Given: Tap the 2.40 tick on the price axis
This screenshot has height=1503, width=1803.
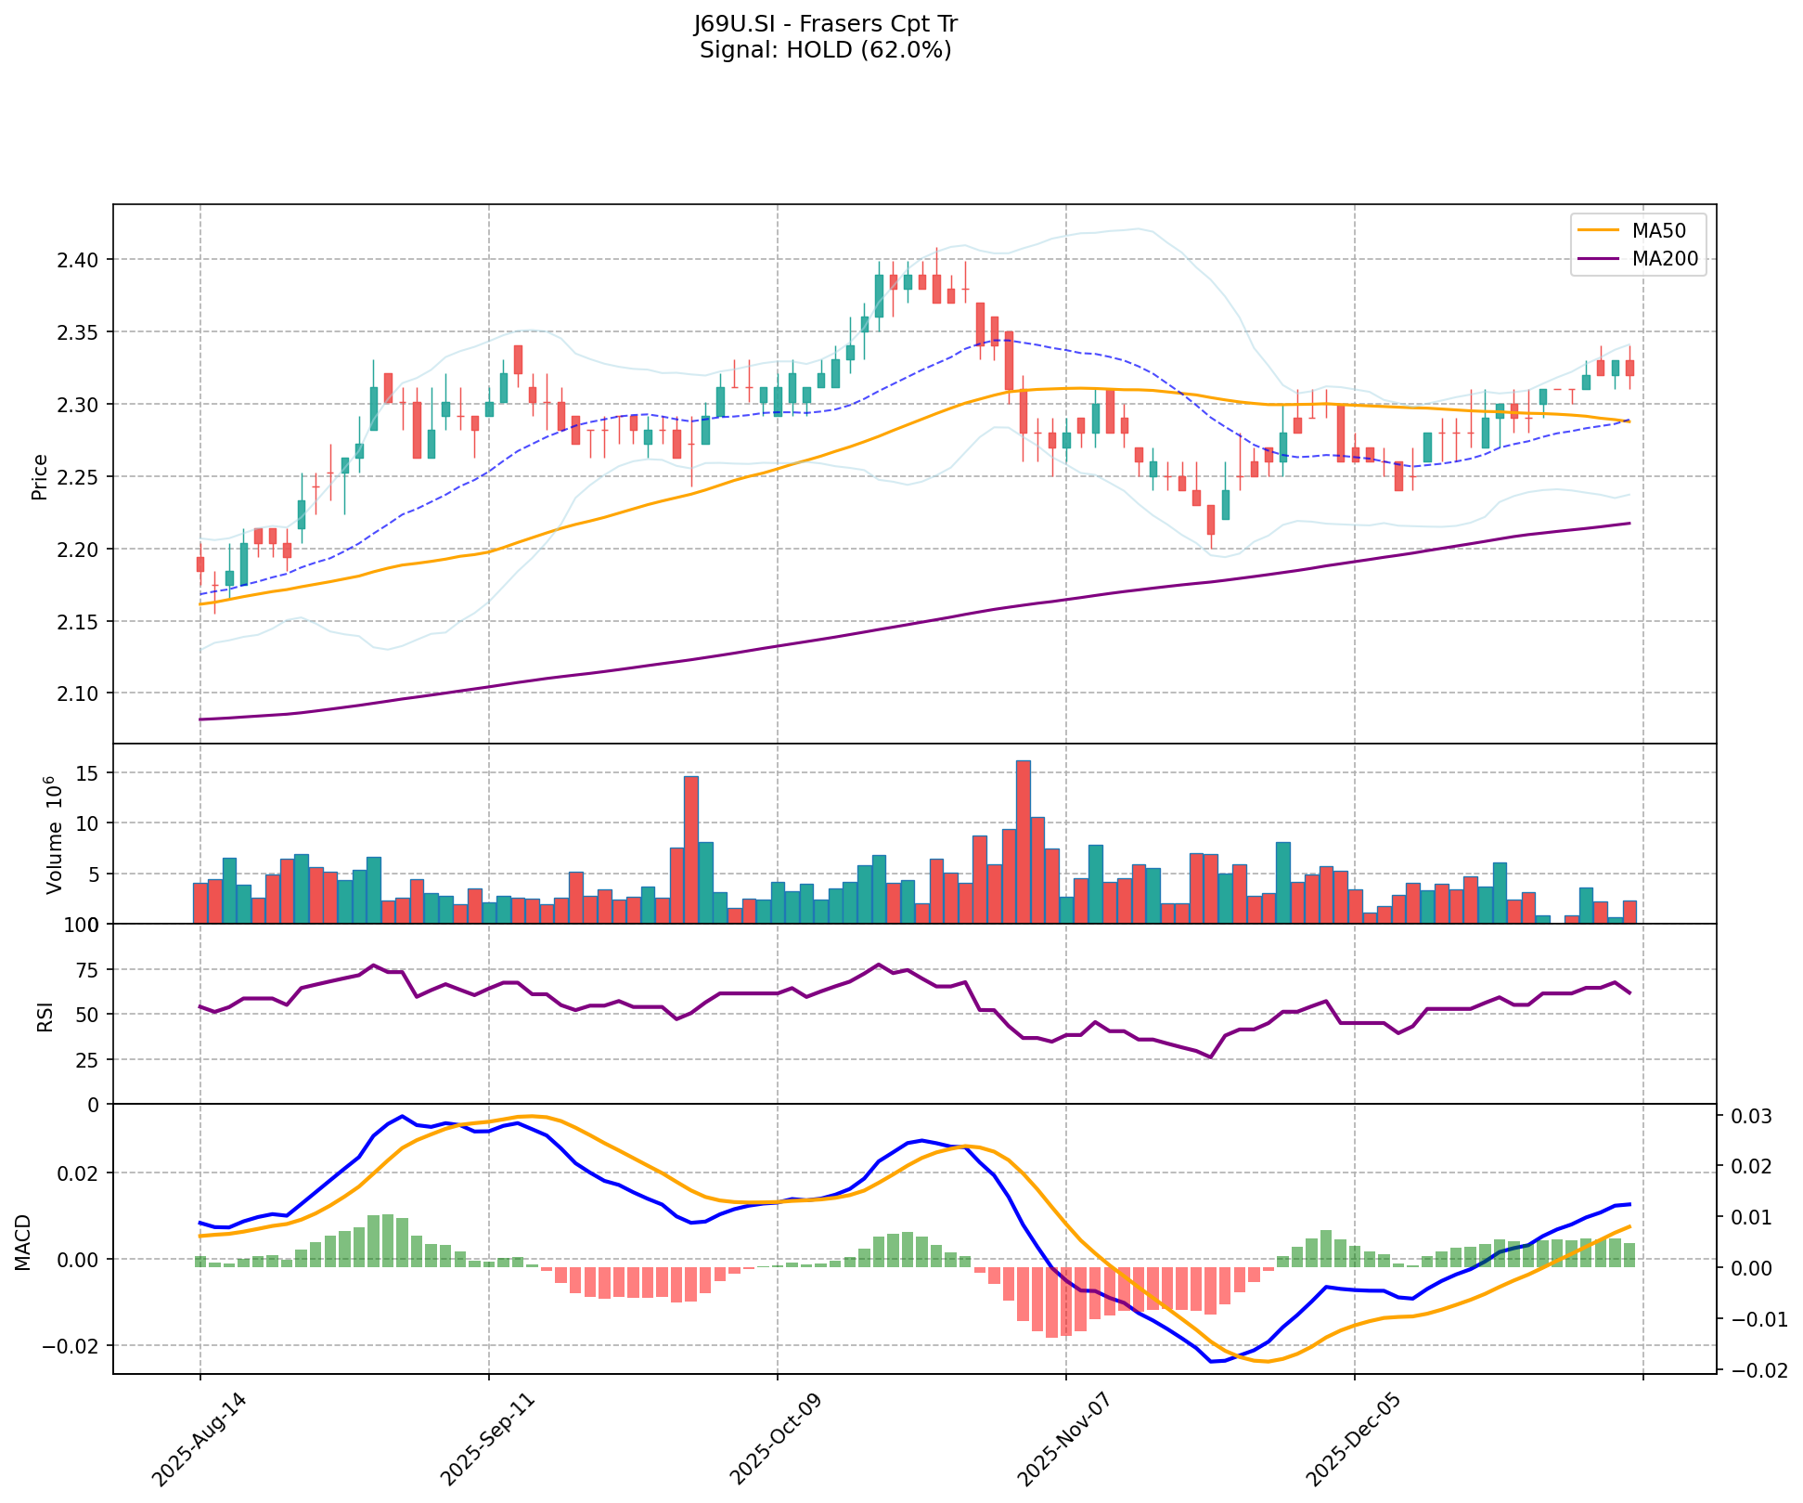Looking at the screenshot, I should click(x=81, y=259).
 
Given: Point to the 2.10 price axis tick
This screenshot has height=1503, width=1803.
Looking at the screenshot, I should click(x=81, y=693).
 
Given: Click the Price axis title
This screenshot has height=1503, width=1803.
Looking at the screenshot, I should click(x=40, y=477).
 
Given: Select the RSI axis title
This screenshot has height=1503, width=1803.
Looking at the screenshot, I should click(x=45, y=1015).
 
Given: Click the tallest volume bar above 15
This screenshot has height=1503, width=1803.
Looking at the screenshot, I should click(x=1023, y=841).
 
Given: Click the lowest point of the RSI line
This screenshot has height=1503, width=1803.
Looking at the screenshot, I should click(x=1210, y=1056).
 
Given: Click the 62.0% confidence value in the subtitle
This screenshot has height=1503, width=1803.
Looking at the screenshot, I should click(x=914, y=50).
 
